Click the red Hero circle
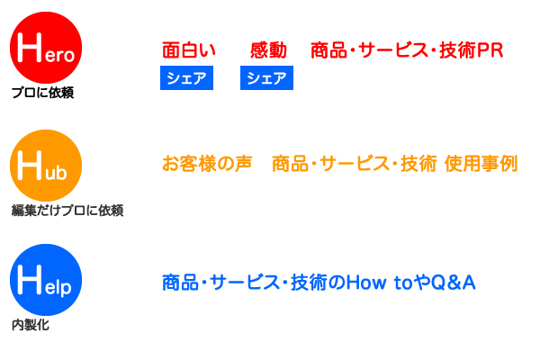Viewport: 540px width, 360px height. (x=46, y=48)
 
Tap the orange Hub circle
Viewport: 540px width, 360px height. (x=46, y=166)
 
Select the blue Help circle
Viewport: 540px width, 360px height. (x=46, y=280)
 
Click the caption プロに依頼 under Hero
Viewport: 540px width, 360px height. (x=42, y=93)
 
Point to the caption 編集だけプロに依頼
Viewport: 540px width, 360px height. (x=67, y=210)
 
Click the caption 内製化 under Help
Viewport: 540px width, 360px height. (x=31, y=325)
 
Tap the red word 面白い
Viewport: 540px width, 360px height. (x=189, y=50)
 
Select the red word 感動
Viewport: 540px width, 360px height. (x=268, y=50)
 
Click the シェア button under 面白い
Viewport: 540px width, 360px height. (x=186, y=78)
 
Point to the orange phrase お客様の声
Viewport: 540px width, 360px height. (x=207, y=164)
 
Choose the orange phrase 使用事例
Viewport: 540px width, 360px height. (x=481, y=164)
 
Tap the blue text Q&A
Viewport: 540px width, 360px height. (x=454, y=283)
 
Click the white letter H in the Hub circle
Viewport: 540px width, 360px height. (x=30, y=166)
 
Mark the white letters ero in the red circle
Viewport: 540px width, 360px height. (x=59, y=56)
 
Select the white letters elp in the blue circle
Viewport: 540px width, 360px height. (x=58, y=287)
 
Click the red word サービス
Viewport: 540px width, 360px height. (x=393, y=50)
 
